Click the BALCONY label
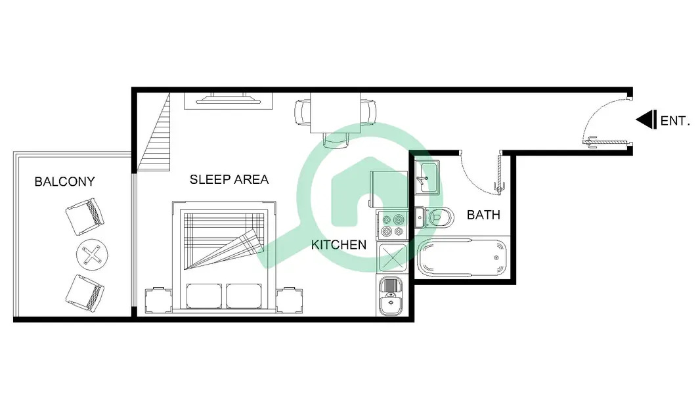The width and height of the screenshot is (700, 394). (65, 182)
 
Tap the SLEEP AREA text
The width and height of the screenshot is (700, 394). (229, 179)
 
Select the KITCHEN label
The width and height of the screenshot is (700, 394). (339, 244)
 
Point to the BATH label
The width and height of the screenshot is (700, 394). (483, 215)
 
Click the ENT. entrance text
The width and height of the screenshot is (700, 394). (675, 121)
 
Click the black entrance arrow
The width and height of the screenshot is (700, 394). (646, 120)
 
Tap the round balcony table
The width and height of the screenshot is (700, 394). (92, 255)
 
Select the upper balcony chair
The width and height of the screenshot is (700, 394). (85, 217)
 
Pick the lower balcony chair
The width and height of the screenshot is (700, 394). (85, 293)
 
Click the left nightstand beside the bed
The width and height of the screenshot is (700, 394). (158, 300)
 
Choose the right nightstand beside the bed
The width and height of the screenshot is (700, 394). (290, 300)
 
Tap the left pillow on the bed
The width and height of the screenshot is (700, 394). (204, 296)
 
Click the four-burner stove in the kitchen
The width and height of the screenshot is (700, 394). (392, 225)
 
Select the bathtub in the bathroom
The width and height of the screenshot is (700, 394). (462, 258)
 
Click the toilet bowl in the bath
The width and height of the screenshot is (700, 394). (440, 218)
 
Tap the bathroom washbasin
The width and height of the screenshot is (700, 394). (427, 177)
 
